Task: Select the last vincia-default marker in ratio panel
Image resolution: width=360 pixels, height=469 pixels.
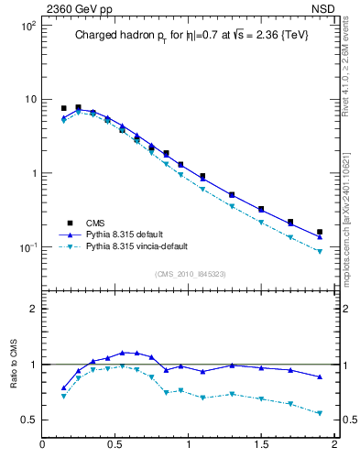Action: click(x=320, y=413)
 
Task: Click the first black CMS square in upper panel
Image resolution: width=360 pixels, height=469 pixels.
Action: click(x=63, y=108)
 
